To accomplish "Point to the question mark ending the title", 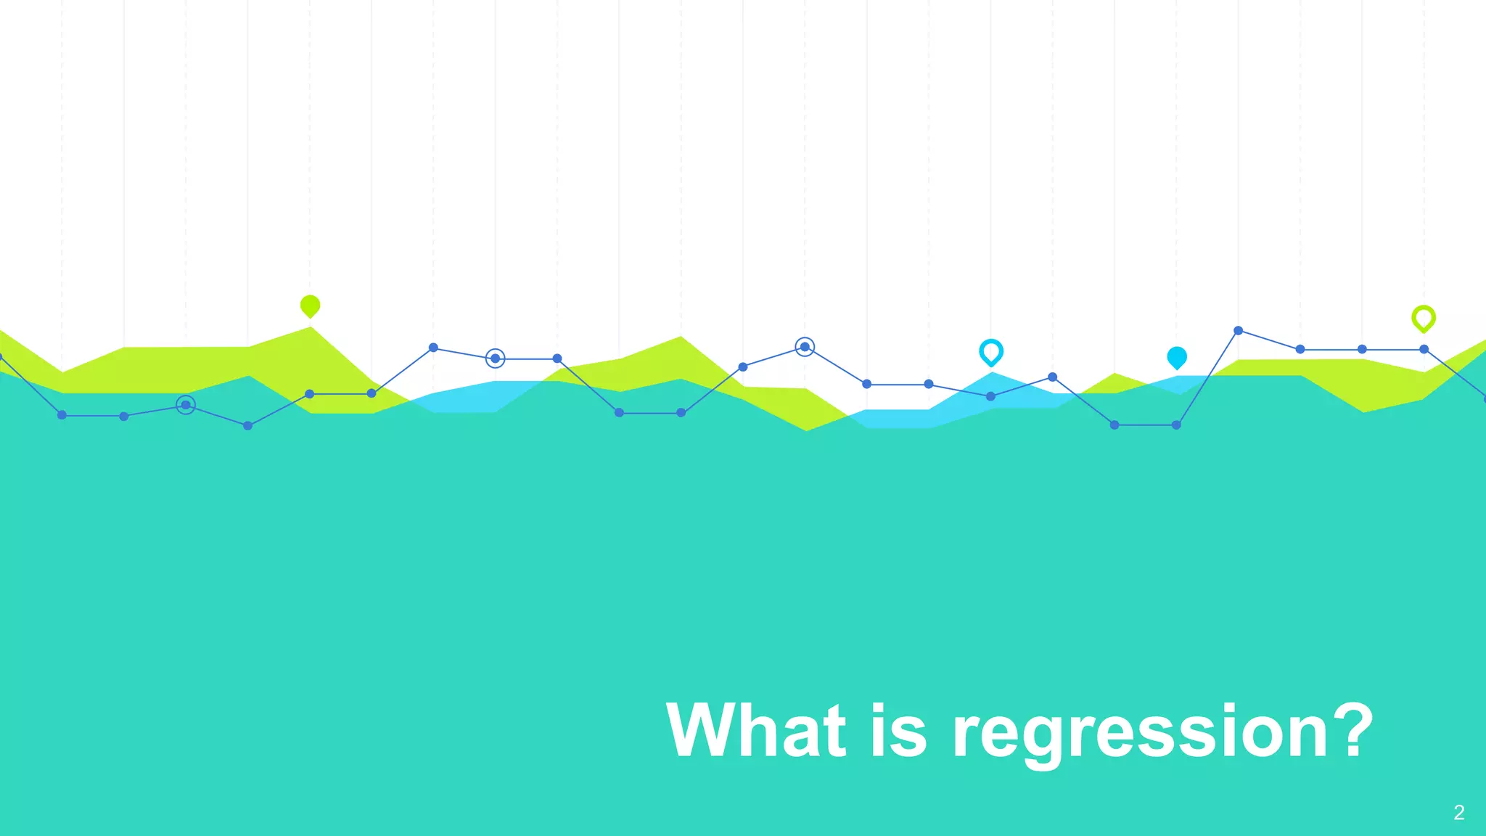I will pyautogui.click(x=1350, y=730).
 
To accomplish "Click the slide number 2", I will pyautogui.click(x=1459, y=813).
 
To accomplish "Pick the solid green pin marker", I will pyautogui.click(x=310, y=306).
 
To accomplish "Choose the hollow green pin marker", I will pyautogui.click(x=1424, y=318).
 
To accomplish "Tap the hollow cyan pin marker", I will pyautogui.click(x=991, y=352).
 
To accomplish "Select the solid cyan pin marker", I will pyautogui.click(x=1177, y=357).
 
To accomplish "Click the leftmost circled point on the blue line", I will pyautogui.click(x=186, y=405).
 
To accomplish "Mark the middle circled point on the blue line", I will pyautogui.click(x=495, y=358).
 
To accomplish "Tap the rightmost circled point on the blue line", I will pyautogui.click(x=805, y=347).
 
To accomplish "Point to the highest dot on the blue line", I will pyautogui.click(x=1239, y=330).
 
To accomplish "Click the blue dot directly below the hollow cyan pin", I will pyautogui.click(x=990, y=396).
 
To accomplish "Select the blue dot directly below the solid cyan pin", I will pyautogui.click(x=1176, y=425).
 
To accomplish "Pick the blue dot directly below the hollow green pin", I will pyautogui.click(x=1424, y=349).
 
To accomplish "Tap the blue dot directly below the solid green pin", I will pyautogui.click(x=310, y=394).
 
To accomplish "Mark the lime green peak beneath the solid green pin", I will pyautogui.click(x=311, y=329).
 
